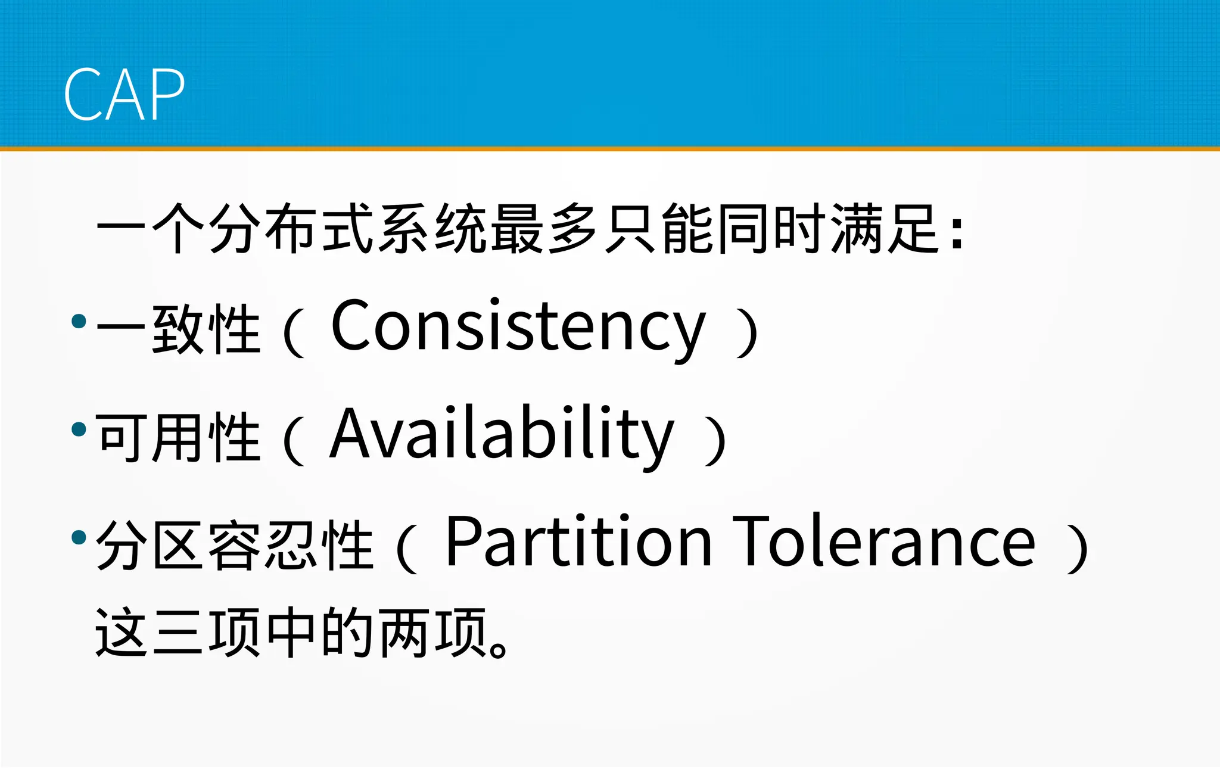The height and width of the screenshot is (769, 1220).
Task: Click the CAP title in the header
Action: (124, 94)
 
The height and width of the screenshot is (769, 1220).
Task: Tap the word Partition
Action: (578, 542)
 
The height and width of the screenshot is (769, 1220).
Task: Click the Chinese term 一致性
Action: (178, 329)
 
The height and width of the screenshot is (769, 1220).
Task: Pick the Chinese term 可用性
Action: (178, 437)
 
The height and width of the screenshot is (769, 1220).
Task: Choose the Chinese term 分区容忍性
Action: (234, 545)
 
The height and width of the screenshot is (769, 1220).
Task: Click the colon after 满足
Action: (957, 232)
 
